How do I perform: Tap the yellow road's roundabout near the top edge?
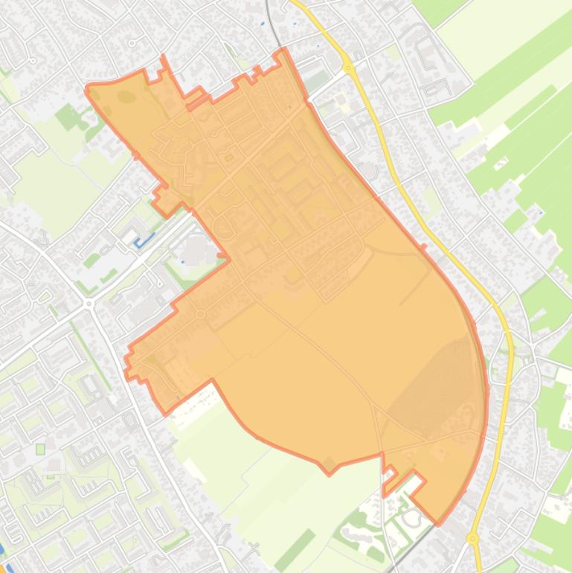[348, 68]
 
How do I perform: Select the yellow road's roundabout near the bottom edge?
[472, 537]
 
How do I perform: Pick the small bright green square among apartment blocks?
[40, 449]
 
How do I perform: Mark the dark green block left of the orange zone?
[68, 117]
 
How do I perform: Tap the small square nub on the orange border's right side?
[423, 248]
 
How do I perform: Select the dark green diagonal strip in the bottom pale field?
[294, 549]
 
